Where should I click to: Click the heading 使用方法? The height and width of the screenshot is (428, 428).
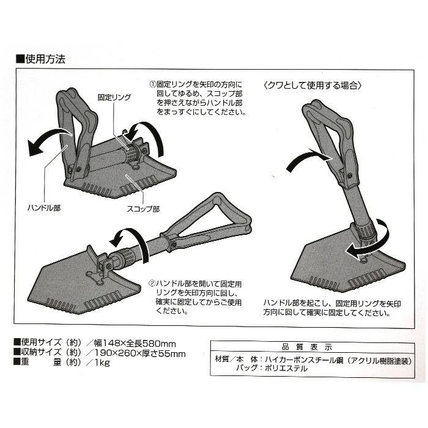tap(42, 61)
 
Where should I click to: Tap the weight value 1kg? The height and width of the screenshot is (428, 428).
tap(101, 364)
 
